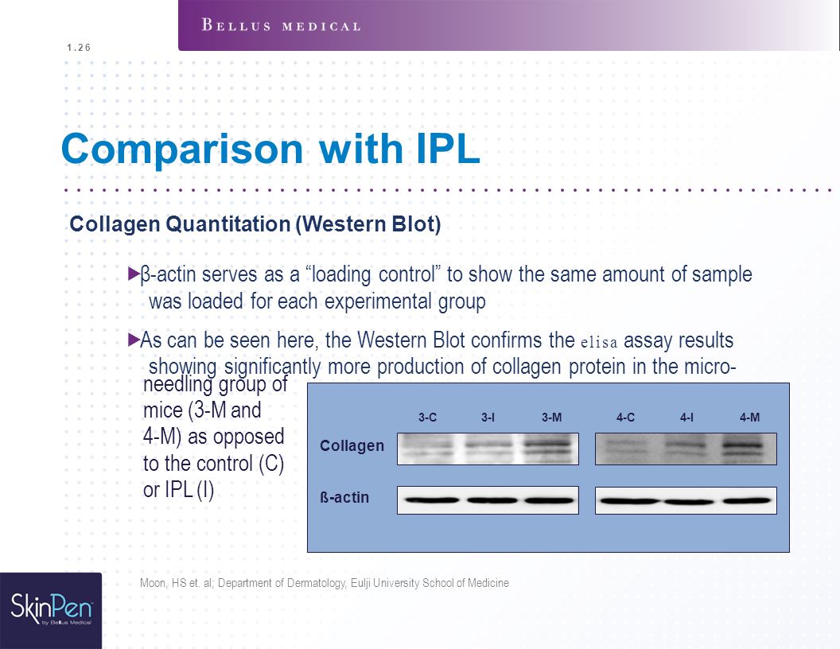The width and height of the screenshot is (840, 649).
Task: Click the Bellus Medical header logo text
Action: click(282, 25)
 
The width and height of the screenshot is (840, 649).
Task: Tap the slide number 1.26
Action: click(79, 48)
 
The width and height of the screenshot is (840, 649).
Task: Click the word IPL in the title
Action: click(448, 148)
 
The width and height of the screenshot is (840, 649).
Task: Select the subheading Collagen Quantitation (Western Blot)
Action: click(255, 223)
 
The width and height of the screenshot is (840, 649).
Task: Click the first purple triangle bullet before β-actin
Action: click(134, 274)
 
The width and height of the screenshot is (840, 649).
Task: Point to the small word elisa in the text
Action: click(599, 342)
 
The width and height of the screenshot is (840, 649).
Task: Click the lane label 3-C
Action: click(427, 417)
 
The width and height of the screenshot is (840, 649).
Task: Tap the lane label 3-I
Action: click(488, 417)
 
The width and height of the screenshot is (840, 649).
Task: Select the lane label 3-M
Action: click(551, 417)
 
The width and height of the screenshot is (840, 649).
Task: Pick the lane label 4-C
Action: click(625, 417)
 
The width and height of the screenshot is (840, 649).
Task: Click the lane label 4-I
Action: click(686, 417)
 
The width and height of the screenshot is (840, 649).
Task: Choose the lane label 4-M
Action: click(749, 417)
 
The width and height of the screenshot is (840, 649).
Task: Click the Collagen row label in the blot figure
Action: click(352, 445)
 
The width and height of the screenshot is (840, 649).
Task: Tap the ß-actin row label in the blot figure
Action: click(344, 497)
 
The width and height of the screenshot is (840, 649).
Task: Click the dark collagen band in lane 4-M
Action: click(742, 445)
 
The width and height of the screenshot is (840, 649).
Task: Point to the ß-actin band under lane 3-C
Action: click(432, 500)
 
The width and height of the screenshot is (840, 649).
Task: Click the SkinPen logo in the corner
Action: click(51, 609)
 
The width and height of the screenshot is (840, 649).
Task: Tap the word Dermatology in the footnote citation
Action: click(317, 583)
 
